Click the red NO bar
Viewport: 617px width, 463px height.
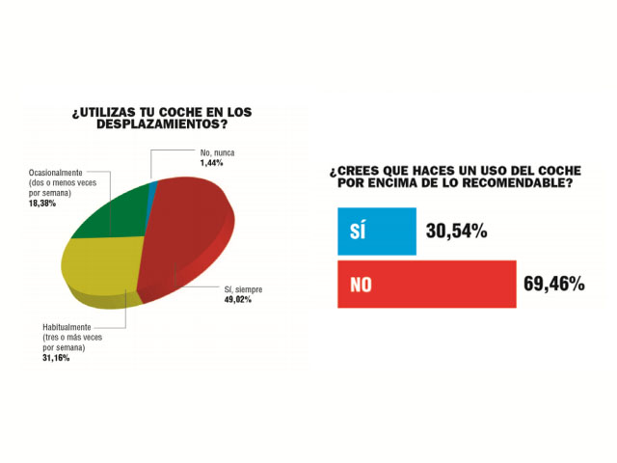(x=425, y=285)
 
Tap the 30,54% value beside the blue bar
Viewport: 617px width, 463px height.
(x=455, y=231)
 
